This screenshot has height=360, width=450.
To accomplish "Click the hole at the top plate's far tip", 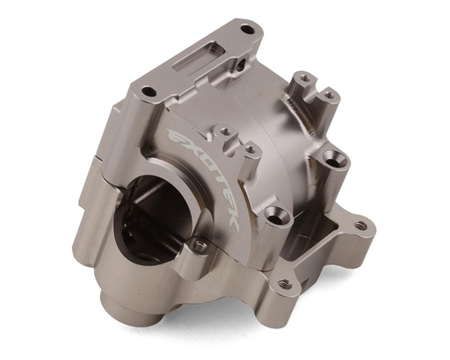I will coord(246,30).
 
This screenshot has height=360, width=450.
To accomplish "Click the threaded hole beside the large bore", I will coord(200,248).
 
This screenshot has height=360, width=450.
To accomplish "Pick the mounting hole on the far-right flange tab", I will coord(360,226).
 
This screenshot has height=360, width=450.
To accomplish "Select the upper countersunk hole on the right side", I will coord(333,161).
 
